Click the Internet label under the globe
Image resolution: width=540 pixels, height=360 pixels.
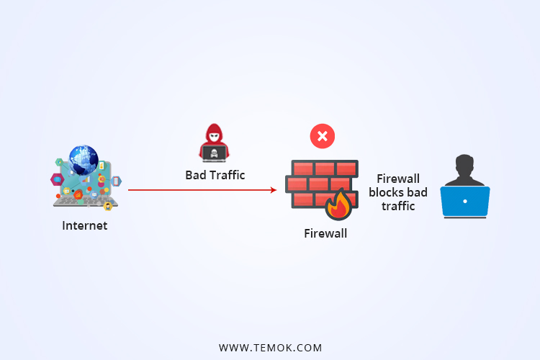pos(84,225)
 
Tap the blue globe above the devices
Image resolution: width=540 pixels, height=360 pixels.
pos(84,160)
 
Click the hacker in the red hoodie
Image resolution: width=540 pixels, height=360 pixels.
pos(215,142)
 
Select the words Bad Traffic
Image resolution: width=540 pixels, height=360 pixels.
pos(215,175)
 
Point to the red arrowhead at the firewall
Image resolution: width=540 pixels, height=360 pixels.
pos(273,190)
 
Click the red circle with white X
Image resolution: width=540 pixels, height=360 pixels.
pos(322,136)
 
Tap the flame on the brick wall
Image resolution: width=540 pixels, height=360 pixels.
pos(338,205)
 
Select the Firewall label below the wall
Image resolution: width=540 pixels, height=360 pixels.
pos(325,233)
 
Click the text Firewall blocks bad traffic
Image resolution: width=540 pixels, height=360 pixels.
pos(398,192)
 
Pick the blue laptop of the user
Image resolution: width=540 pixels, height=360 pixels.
pos(465,202)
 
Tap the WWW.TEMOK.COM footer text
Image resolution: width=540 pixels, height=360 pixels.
pos(270,348)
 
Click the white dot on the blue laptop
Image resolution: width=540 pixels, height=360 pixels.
pos(465,201)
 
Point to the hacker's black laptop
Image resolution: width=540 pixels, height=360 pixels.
pos(215,153)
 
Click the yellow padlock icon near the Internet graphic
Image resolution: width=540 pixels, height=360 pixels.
pos(107,207)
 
